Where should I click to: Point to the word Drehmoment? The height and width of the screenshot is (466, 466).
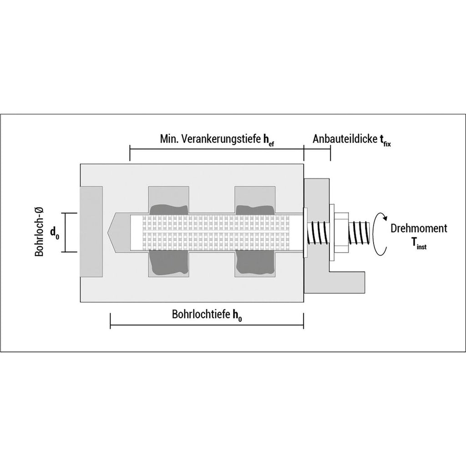click(x=419, y=228)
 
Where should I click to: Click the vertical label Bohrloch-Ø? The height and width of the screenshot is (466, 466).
click(x=40, y=232)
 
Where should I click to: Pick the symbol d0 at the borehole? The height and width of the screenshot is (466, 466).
click(x=55, y=233)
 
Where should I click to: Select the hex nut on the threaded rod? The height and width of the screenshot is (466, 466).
click(x=339, y=232)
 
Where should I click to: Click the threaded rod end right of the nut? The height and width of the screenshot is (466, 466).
click(x=360, y=232)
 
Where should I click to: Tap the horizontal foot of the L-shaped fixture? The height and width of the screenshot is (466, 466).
click(x=348, y=282)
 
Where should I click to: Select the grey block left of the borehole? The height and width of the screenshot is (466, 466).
click(x=91, y=232)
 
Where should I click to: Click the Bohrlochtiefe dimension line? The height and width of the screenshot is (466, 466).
click(x=207, y=326)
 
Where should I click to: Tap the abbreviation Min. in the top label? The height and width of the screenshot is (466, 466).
click(x=168, y=139)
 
